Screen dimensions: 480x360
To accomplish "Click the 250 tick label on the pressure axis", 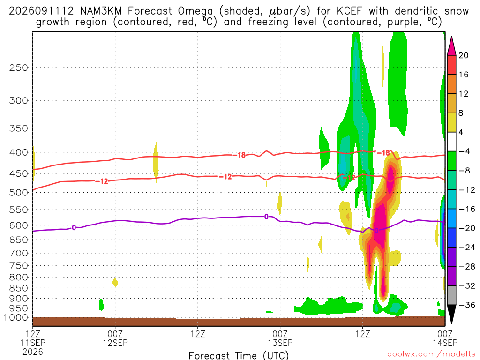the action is [18, 67].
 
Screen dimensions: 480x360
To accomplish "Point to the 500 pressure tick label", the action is [18, 193].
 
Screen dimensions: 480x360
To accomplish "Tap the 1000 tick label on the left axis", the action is [16, 317].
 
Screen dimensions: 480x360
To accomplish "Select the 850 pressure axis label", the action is [18, 288].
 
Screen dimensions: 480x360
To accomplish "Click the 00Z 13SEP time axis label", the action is [280, 338].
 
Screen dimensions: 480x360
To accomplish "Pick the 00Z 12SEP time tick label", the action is [115, 338].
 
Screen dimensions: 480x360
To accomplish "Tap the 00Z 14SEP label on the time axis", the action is [445, 338].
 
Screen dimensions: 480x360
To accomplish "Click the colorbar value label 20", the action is [463, 55].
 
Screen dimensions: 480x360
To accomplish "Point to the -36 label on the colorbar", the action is [466, 305].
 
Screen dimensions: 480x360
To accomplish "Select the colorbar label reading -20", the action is [466, 228].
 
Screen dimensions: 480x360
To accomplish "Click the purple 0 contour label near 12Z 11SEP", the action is [74, 227].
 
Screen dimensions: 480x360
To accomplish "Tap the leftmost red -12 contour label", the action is [102, 181].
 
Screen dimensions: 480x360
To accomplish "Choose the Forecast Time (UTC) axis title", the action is [239, 355].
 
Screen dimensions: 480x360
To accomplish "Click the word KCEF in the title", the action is [349, 11].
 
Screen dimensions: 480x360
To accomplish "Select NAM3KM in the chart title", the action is [101, 11].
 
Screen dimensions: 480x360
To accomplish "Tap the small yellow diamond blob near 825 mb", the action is [115, 282].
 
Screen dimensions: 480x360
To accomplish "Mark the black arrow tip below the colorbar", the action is [451, 324].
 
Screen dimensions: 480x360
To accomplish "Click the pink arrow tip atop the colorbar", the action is [451, 37].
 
